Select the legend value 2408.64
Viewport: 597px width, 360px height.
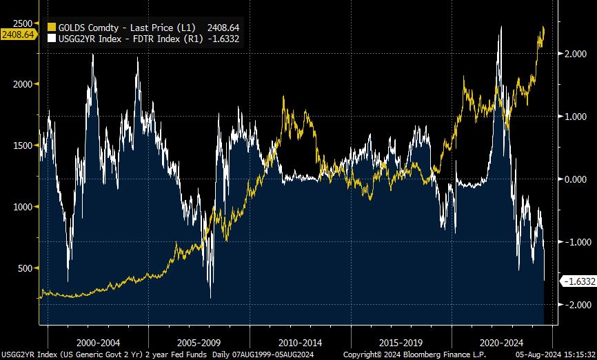[x=223, y=27]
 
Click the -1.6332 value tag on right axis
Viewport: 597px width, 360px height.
[x=578, y=281]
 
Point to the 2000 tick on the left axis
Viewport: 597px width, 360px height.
[x=24, y=83]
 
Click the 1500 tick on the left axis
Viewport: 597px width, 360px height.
[x=24, y=145]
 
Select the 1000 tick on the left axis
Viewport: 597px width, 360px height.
[x=24, y=206]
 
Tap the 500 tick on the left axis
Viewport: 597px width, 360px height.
[x=26, y=268]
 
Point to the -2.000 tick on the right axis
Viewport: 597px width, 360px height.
[x=576, y=304]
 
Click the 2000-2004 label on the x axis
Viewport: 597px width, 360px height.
[x=98, y=342]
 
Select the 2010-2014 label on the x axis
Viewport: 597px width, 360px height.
[x=301, y=342]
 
